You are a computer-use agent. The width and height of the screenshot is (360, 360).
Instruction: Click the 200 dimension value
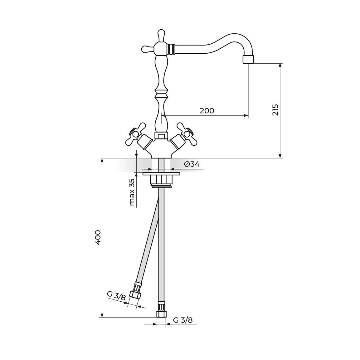click(207, 110)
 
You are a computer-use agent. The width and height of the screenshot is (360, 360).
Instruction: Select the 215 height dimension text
click(275, 110)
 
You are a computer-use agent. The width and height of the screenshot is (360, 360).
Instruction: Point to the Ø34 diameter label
click(192, 164)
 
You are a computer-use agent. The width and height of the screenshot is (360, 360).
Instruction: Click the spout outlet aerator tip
click(248, 59)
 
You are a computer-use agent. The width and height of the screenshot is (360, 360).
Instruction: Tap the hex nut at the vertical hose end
click(161, 313)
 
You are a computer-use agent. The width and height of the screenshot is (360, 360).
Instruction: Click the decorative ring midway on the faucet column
click(161, 93)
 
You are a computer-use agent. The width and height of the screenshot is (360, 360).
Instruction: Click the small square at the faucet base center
click(161, 136)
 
